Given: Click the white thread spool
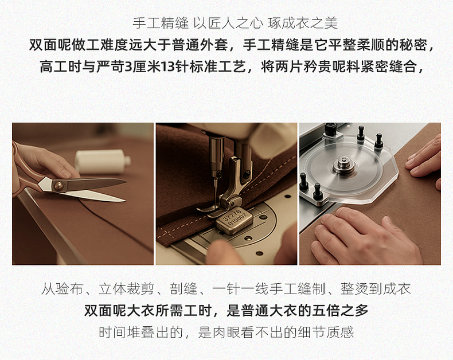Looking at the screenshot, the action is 103,162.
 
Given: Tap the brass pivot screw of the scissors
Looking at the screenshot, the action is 58,186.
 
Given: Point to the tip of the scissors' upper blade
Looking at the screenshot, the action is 127,182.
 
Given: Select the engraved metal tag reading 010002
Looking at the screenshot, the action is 235,221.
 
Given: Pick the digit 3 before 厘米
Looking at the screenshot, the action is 128,67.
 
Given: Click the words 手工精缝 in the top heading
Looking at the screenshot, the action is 161,24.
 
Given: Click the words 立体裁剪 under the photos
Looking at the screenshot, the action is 126,289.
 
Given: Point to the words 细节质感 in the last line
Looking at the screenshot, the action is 326,332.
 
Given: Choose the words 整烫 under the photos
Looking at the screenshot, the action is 354,289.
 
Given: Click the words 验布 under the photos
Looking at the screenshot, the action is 69,289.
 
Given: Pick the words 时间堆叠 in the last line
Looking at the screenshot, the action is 127,332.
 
